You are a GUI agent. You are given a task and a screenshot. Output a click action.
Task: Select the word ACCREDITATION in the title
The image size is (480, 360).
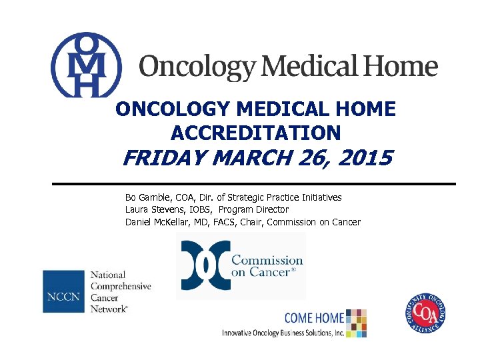click(x=256, y=133)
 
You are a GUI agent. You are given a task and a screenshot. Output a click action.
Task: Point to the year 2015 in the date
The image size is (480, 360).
click(x=367, y=160)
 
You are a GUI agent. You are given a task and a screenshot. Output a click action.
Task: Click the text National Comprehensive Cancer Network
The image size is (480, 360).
click(x=120, y=291)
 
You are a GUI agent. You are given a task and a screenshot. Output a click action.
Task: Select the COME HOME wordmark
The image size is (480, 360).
click(x=314, y=318)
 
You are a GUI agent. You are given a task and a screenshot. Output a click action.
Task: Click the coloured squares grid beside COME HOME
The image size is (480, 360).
click(x=357, y=322)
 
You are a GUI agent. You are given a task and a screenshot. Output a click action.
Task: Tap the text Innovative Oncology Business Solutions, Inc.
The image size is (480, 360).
click(x=283, y=333)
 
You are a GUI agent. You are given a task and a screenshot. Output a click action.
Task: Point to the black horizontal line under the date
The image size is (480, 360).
click(x=254, y=183)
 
